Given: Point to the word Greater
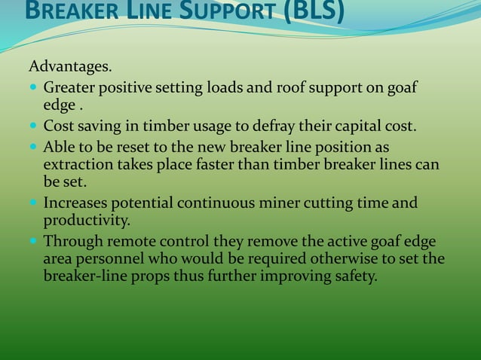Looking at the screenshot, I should coord(69,89).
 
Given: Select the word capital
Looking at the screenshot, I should coord(351,126).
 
